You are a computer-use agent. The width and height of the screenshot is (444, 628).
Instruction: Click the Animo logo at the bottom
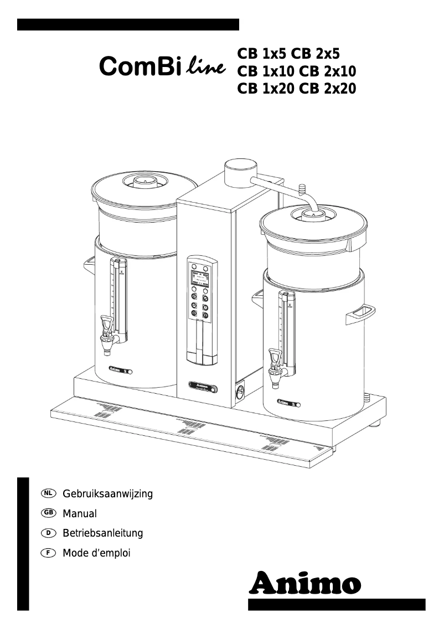(x=306, y=583)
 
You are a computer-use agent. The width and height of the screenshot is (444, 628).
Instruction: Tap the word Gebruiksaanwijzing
(x=107, y=493)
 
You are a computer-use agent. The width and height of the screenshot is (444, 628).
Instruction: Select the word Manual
(x=80, y=513)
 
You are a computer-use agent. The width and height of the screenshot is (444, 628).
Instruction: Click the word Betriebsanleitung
(x=102, y=533)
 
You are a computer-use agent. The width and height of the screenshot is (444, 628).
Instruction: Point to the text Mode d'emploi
(x=96, y=553)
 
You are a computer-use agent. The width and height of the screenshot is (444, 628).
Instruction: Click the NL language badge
(x=49, y=493)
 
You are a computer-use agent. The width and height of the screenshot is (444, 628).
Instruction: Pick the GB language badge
(x=49, y=513)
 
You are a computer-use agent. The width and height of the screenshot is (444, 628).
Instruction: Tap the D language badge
(x=49, y=533)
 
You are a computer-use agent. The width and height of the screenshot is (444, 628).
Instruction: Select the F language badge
(x=49, y=553)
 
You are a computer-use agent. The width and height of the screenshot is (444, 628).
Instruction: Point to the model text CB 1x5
(x=263, y=53)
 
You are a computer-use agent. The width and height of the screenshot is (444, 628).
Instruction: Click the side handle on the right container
(x=359, y=313)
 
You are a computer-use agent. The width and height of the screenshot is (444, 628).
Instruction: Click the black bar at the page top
(x=128, y=24)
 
